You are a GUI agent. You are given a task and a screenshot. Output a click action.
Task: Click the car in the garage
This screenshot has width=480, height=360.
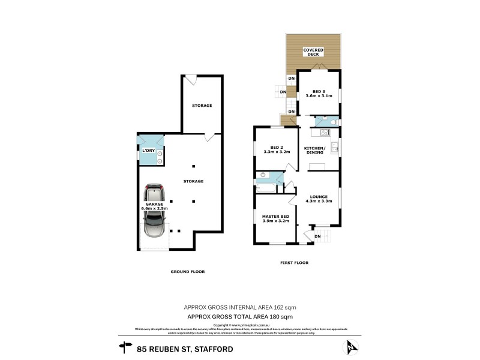(156, 211)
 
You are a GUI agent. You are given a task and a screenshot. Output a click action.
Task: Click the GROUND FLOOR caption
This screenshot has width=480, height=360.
(188, 272)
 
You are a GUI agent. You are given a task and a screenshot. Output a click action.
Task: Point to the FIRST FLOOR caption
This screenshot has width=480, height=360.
(294, 263)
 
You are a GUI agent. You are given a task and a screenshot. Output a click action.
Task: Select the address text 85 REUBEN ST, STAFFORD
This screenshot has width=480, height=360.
(185, 348)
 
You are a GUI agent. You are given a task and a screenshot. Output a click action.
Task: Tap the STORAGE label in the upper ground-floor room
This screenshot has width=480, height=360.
(202, 106)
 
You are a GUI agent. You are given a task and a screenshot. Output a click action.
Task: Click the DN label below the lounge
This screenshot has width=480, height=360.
(318, 236)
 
